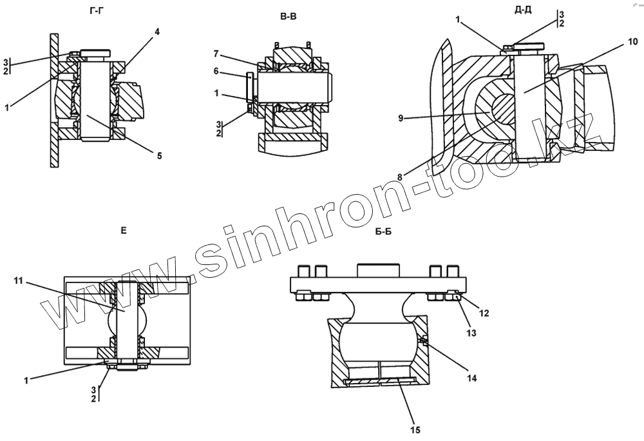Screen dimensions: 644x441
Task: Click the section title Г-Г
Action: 99,12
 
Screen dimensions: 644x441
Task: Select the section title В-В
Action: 288,18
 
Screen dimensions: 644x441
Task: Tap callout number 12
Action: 485,313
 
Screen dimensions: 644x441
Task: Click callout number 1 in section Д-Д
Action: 459,19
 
